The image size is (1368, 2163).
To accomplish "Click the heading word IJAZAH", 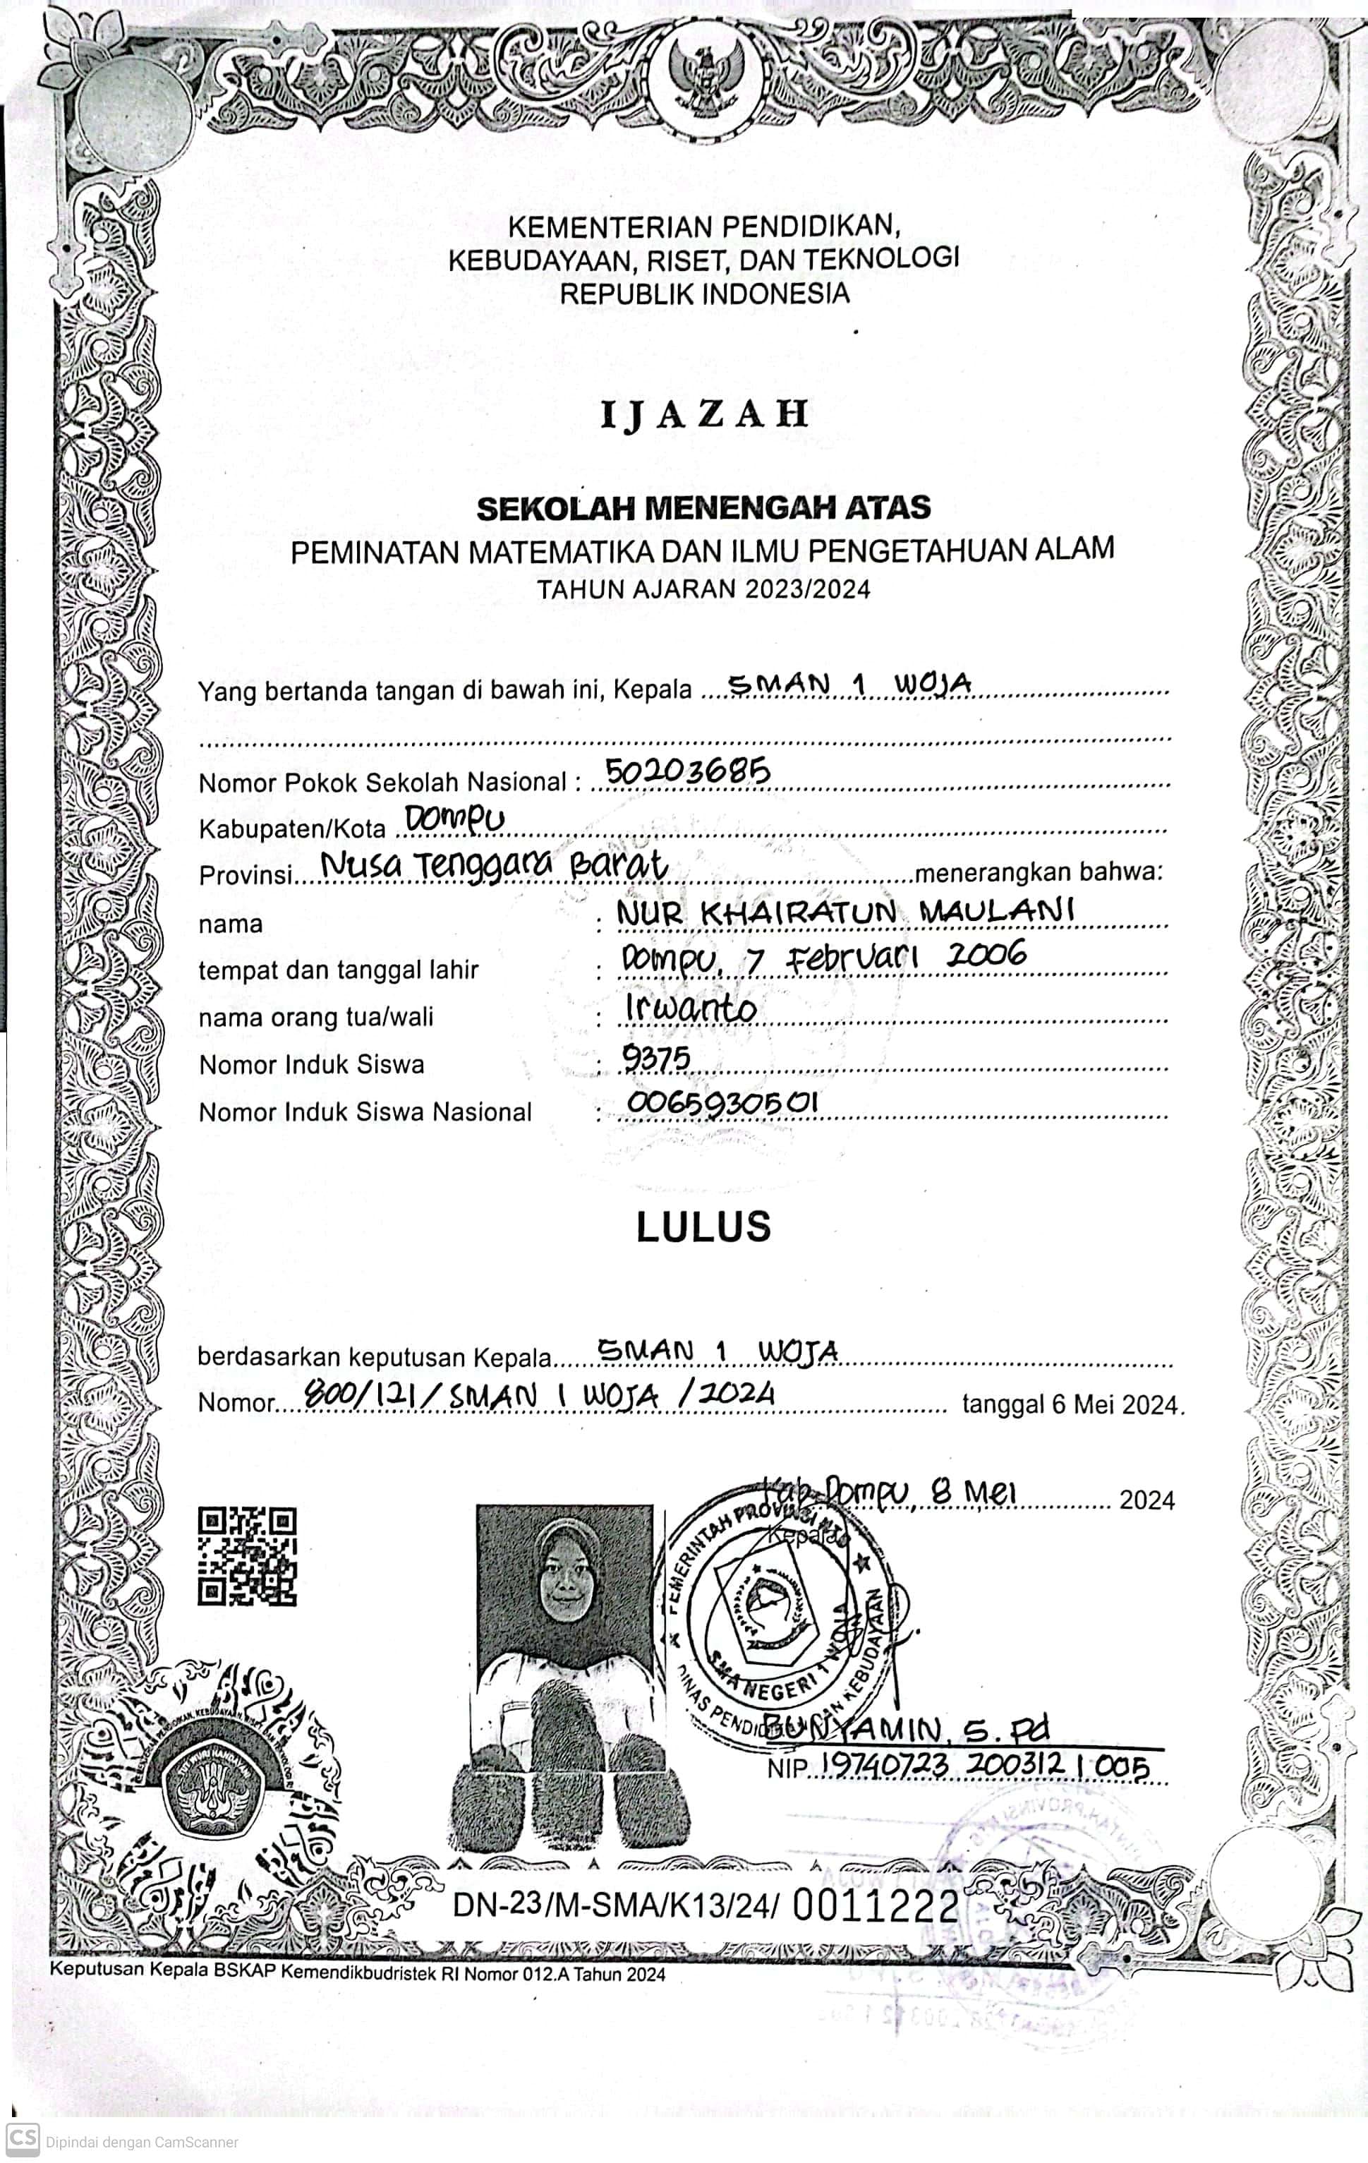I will click(x=704, y=414).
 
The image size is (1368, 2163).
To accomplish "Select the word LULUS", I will click(x=703, y=1226).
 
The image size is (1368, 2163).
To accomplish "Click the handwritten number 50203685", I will click(x=687, y=771).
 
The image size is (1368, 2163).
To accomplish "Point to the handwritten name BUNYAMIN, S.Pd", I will click(x=905, y=1728).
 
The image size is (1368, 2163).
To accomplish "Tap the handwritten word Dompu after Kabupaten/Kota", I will click(x=455, y=819).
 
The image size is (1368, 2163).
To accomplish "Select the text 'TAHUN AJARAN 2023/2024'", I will click(x=703, y=589).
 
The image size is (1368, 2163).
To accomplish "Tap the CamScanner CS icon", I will click(x=22, y=2140).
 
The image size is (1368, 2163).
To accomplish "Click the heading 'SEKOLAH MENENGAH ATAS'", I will click(x=703, y=508).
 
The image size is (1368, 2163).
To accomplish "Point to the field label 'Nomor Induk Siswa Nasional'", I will click(x=365, y=1112).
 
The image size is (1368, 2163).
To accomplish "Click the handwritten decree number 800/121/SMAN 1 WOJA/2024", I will click(x=539, y=1395).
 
